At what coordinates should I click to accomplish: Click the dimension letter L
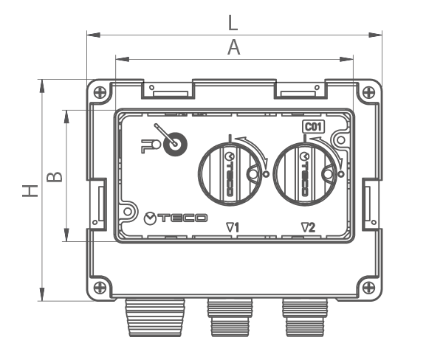pos(233,23)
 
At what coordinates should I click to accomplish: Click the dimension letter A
pos(233,47)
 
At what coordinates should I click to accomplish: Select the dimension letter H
pos(30,191)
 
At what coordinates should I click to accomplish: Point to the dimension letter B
pos(54,177)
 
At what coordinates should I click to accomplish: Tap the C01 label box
pos(314,127)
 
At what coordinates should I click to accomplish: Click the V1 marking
pos(233,227)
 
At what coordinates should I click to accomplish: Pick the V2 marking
pos(308,227)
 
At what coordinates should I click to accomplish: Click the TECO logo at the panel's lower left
pos(176,218)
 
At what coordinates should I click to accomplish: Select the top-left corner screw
pos(100,92)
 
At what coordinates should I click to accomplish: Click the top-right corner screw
pos(368,92)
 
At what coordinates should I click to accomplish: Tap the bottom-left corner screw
pos(100,288)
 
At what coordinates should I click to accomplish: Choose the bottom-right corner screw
pos(368,288)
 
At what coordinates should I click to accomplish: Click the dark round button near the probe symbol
pos(175,144)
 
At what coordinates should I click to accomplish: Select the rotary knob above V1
pos(230,173)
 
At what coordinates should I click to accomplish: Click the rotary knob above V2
pos(305,173)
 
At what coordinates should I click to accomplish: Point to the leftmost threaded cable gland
pos(155,317)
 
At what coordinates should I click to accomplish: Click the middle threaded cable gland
pos(230,317)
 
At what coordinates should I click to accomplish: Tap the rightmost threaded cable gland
pos(305,317)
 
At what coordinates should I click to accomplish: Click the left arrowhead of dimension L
pos(94,35)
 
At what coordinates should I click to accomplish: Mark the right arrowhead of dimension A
pos(346,59)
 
